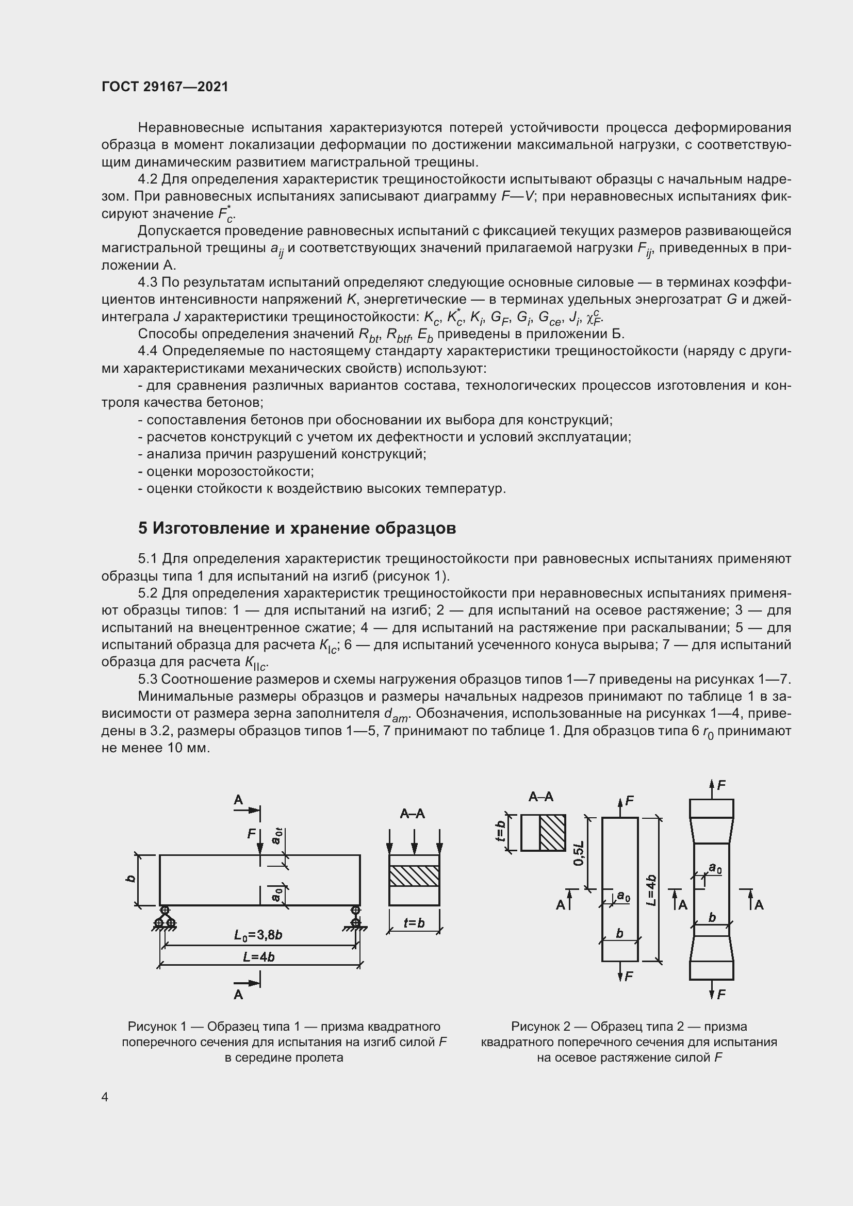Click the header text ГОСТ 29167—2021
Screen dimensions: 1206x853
[165, 87]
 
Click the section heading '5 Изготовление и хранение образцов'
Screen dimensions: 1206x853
[297, 528]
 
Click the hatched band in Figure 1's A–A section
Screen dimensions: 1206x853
[414, 875]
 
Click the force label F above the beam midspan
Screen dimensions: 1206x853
[252, 834]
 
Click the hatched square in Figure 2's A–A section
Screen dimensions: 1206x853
[552, 833]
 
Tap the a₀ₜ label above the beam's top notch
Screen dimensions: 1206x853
[277, 836]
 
